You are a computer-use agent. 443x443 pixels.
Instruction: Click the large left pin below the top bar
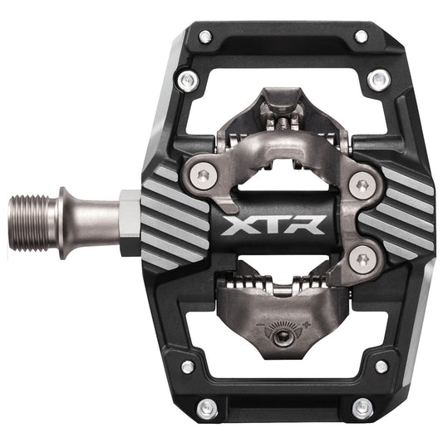point(190,80)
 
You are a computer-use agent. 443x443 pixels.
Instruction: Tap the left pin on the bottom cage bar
point(205,408)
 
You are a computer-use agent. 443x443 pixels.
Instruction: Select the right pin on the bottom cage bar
point(362,408)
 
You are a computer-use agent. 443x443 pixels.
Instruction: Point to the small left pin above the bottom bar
point(188,366)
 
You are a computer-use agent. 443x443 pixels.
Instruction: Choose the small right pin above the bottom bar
point(381,365)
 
